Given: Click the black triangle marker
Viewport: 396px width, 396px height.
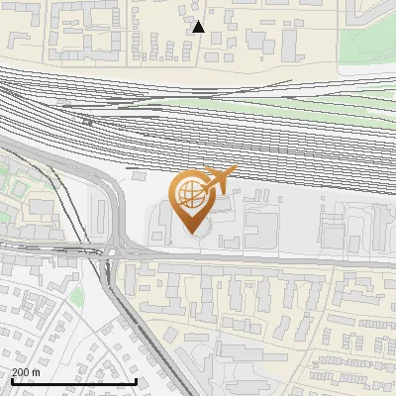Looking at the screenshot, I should pos(199,27).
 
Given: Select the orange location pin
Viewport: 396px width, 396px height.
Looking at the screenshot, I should pos(193,202).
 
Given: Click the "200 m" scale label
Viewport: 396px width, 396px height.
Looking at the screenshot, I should pos(26,372).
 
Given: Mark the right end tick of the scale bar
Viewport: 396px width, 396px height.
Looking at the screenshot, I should pos(136,379).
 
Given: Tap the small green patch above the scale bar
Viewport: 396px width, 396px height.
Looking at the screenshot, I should pos(76,295).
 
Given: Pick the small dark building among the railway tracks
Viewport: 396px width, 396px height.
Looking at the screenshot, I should pos(88,122).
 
